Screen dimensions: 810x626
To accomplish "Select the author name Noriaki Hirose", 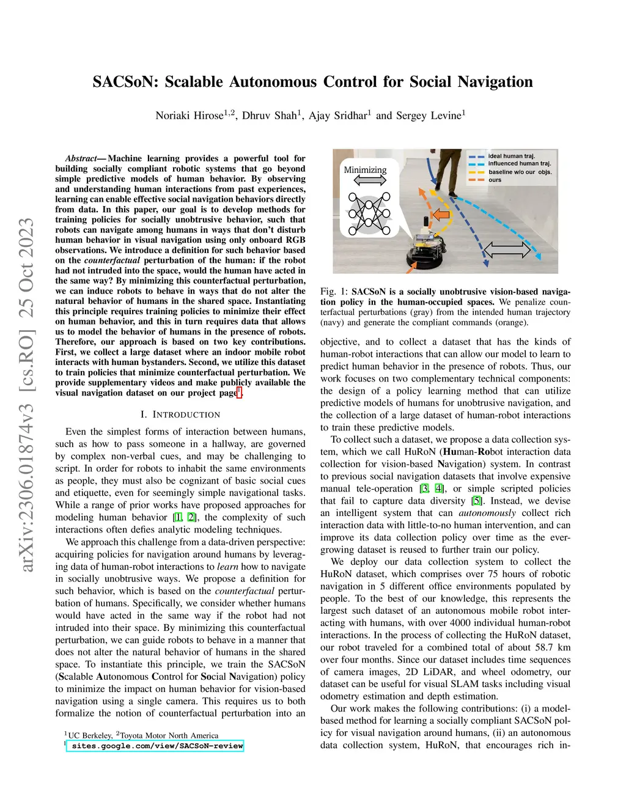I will coord(190,116).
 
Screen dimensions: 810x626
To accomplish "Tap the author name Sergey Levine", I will coord(431,116).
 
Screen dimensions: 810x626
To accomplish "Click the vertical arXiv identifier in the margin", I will coord(27,394).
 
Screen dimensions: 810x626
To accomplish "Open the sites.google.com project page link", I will coord(157,746).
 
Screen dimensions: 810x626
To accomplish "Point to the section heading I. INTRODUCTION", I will coord(180,414).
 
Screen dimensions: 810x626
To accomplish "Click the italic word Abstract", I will coord(81,158).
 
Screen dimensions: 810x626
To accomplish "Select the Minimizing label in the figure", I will coord(365,170).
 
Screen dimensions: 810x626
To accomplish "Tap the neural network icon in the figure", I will coord(369,213).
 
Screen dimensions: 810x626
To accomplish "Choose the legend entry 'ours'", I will coord(495,180).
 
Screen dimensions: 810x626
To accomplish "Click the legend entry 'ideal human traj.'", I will coord(511,156).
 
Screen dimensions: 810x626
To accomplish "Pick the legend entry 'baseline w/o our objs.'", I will coord(520,172).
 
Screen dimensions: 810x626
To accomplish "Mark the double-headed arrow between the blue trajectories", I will coord(507,249).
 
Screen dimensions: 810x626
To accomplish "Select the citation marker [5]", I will coord(476,501).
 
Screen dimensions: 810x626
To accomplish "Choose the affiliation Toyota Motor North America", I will coord(169,735).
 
